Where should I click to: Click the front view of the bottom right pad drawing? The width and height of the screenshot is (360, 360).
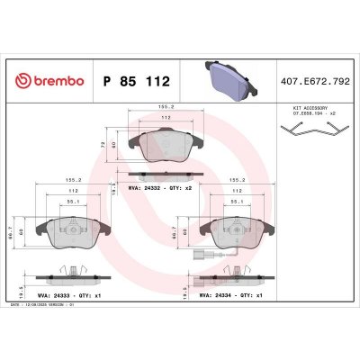229,233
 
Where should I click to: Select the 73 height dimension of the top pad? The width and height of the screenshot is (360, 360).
103,144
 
